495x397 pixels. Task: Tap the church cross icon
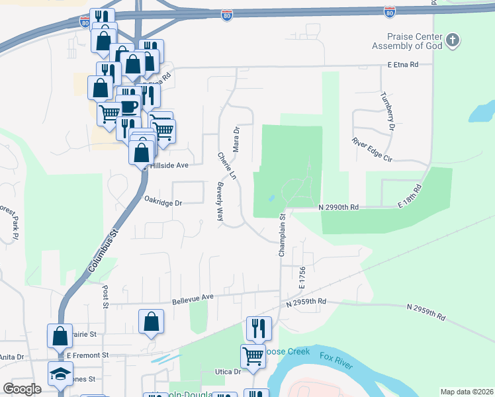453,40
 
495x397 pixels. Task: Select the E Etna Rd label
404,65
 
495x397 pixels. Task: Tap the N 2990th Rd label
338,207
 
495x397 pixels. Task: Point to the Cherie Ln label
226,165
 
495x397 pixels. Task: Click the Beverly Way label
220,202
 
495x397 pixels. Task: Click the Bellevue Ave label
193,298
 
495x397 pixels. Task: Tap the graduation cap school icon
60,374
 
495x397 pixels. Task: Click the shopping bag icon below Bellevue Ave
152,322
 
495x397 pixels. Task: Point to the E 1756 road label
301,278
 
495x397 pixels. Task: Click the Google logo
22,389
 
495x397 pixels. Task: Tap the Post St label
105,297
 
